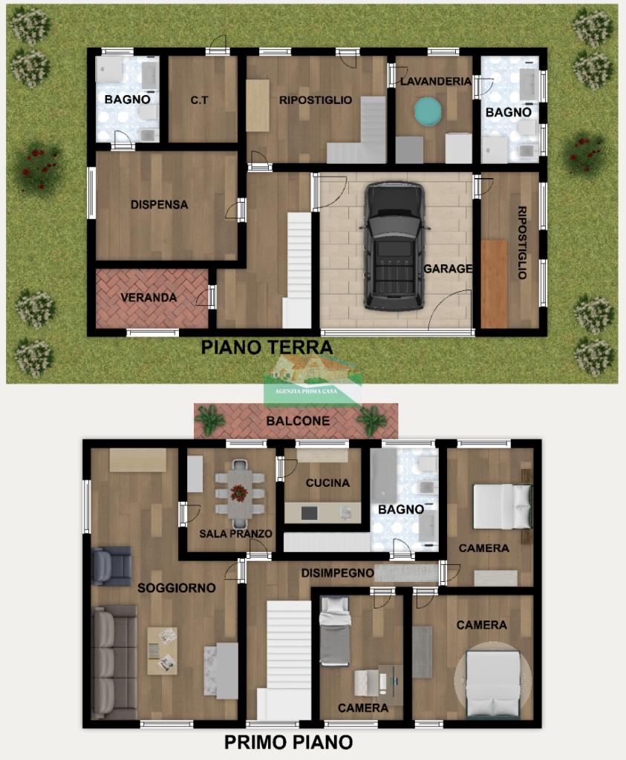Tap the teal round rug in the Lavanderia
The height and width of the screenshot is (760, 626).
(428, 111)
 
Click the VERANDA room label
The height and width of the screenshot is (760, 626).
(149, 297)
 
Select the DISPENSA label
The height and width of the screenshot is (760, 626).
(159, 205)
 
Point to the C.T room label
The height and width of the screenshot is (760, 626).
(199, 100)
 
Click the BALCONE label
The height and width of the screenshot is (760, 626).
(298, 421)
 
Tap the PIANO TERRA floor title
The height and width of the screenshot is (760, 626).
(267, 347)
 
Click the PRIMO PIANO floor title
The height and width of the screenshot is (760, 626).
(289, 741)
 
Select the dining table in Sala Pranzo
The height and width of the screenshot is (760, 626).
(239, 493)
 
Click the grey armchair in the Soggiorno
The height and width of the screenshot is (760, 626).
(111, 566)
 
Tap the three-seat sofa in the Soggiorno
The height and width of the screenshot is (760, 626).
(114, 662)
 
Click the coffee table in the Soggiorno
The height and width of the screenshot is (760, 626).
(162, 650)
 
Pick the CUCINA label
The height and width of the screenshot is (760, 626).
(327, 482)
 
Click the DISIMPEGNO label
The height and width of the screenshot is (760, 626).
(337, 573)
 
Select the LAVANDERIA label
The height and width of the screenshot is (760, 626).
(435, 81)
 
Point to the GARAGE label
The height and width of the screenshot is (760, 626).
(448, 269)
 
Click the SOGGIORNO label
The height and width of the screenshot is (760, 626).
(177, 588)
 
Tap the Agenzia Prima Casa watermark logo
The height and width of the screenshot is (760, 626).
(313, 379)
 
